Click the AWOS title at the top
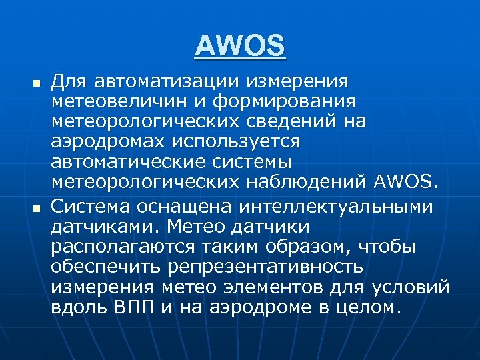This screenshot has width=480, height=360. (240, 46)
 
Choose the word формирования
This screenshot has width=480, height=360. (291, 101)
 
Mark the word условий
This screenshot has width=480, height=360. (411, 287)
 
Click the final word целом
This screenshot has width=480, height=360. (369, 308)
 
